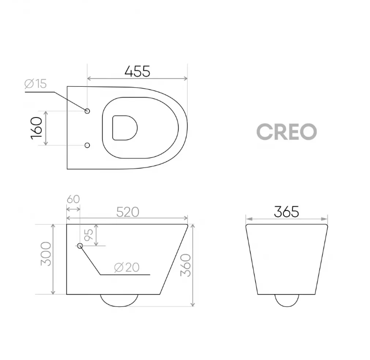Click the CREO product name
pyautogui.click(x=286, y=132)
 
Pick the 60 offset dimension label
pyautogui.click(x=73, y=199)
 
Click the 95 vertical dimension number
pyautogui.click(x=88, y=235)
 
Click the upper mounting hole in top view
pyautogui.click(x=87, y=111)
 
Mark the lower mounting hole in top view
pyautogui.click(x=87, y=145)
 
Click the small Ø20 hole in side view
pyautogui.click(x=80, y=246)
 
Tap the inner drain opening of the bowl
pyautogui.click(x=125, y=127)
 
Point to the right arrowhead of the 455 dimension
pyautogui.click(x=185, y=79)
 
